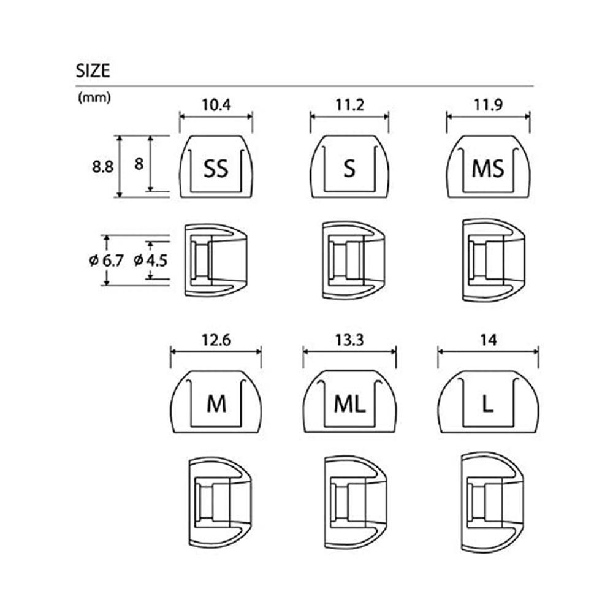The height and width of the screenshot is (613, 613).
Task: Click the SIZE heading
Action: [93, 70]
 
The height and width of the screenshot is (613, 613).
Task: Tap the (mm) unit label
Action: [94, 98]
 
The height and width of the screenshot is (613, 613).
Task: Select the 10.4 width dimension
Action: [216, 105]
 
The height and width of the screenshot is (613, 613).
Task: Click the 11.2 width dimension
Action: [349, 105]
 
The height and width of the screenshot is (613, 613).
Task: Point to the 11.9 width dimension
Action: [488, 105]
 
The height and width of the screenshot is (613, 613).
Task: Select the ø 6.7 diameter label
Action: [106, 260]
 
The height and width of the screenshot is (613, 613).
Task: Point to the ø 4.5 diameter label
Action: [150, 260]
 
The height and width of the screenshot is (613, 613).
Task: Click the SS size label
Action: [216, 168]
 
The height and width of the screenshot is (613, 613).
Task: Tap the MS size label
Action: [488, 168]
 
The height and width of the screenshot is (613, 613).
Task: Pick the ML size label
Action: [350, 404]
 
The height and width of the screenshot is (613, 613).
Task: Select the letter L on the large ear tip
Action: [488, 404]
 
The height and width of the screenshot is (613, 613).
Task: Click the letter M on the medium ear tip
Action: [216, 404]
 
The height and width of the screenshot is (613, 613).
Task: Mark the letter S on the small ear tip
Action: [349, 168]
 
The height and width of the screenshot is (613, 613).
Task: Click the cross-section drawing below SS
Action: [215, 261]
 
